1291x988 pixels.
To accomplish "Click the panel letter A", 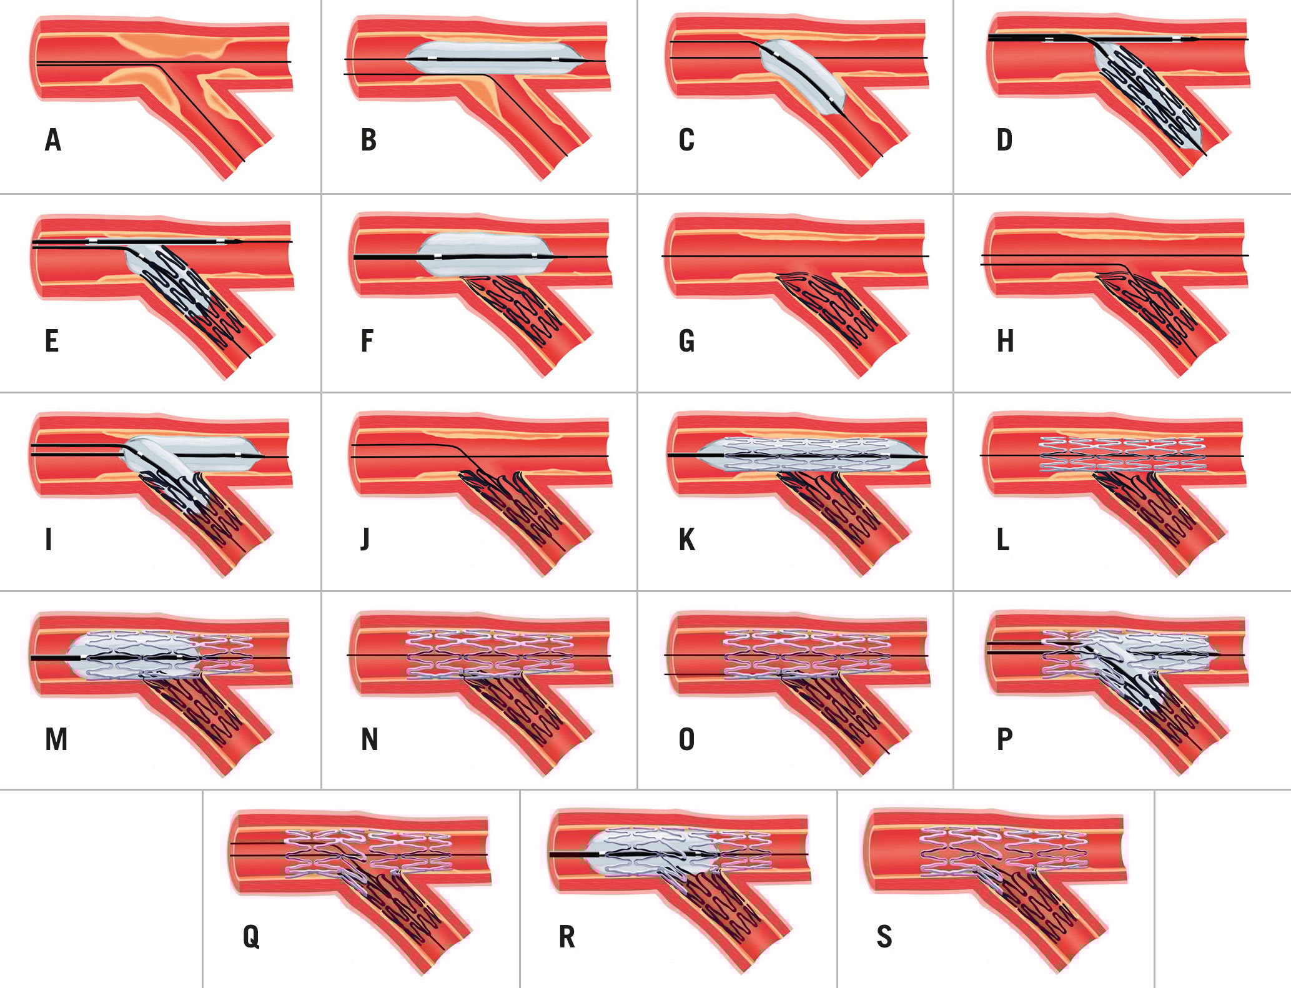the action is click(x=53, y=140).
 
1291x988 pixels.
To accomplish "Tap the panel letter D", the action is click(x=1004, y=140).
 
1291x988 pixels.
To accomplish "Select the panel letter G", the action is click(x=686, y=341).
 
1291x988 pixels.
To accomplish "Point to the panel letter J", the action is click(x=365, y=540).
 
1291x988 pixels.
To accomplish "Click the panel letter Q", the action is click(x=251, y=937).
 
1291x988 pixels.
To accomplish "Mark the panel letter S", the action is click(x=884, y=937).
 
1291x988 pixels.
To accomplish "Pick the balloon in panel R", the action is click(x=653, y=851).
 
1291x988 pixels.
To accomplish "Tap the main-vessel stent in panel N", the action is click(x=490, y=655).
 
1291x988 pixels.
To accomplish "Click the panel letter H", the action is click(x=1005, y=341).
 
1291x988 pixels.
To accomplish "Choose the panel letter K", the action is click(x=686, y=540).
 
